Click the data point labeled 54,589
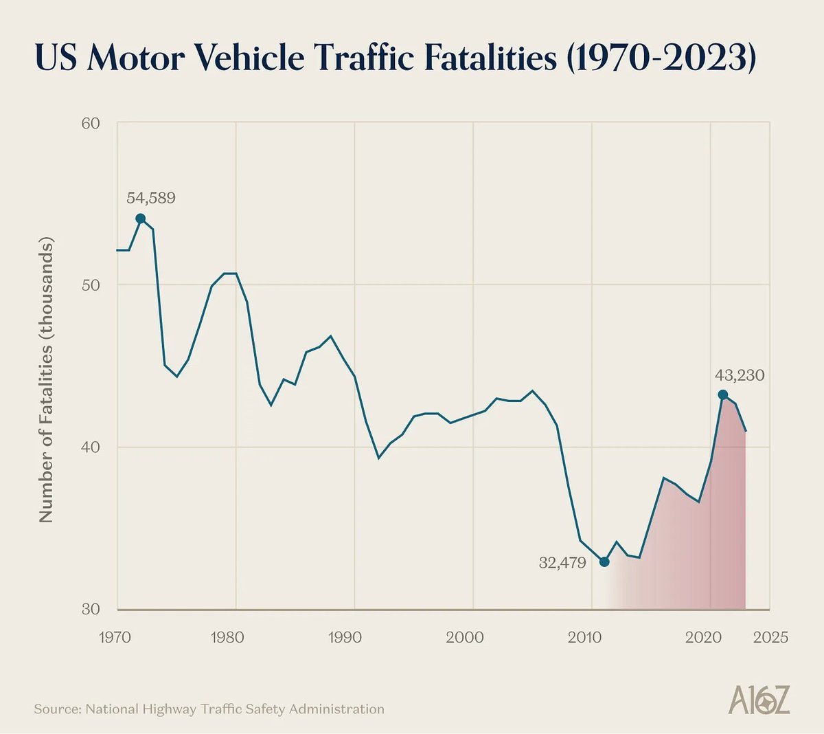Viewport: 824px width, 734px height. pyautogui.click(x=141, y=219)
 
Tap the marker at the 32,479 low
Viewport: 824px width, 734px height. pyautogui.click(x=604, y=561)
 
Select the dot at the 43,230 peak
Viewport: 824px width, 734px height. pyautogui.click(x=722, y=394)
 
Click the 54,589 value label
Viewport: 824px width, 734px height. pyautogui.click(x=151, y=198)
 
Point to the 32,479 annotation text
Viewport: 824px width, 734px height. pyautogui.click(x=562, y=564)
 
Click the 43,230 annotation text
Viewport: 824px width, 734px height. pyautogui.click(x=740, y=376)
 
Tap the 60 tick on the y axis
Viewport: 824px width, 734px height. pyautogui.click(x=91, y=124)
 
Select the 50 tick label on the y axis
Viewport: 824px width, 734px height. pyautogui.click(x=91, y=285)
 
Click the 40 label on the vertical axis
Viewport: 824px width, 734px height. pyautogui.click(x=91, y=447)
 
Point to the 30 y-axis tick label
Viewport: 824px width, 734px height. pyautogui.click(x=91, y=610)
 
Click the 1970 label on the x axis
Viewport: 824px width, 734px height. pyautogui.click(x=116, y=637)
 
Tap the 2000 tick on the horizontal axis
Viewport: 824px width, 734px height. pyautogui.click(x=465, y=637)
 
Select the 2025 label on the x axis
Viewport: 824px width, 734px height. pyautogui.click(x=770, y=637)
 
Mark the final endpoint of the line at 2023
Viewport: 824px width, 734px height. pyautogui.click(x=746, y=431)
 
